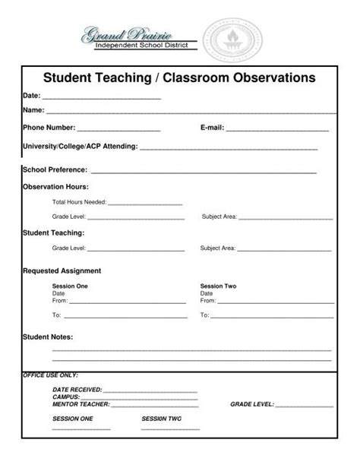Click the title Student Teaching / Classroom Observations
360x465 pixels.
[178, 77]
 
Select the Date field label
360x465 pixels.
[31, 96]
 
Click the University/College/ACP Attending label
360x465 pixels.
[80, 145]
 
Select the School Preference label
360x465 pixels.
[55, 170]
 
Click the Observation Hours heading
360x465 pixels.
[55, 186]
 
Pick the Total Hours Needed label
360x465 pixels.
[79, 203]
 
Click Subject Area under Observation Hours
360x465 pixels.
[219, 217]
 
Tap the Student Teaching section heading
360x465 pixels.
[53, 232]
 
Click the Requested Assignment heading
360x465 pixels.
[62, 270]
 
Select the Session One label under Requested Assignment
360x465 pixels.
[70, 286]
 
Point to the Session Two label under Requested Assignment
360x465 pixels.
[218, 286]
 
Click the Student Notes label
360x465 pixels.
[47, 336]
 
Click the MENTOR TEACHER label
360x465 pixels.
[81, 404]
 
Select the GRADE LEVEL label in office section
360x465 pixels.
[251, 404]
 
